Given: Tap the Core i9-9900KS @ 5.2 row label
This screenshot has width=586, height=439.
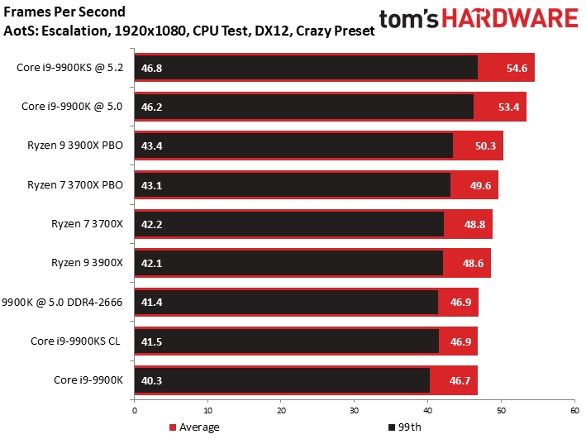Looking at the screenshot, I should [x=69, y=68].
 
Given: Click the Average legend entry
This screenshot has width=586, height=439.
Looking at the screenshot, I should [x=194, y=427].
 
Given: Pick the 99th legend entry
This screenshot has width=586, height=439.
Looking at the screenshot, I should [x=403, y=427].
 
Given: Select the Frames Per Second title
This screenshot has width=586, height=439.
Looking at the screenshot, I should [x=65, y=12].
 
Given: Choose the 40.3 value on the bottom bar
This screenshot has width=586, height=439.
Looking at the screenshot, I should [x=152, y=379].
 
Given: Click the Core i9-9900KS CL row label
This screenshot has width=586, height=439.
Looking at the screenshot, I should [x=75, y=341].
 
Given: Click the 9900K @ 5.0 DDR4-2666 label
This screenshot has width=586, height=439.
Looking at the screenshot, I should [x=64, y=302].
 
